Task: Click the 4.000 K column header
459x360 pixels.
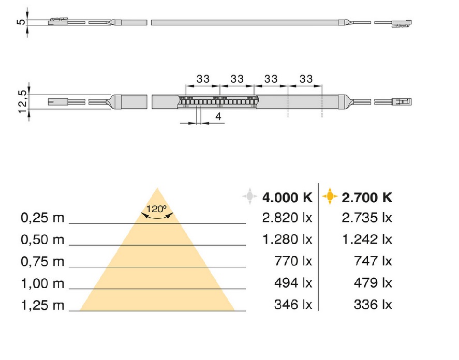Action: pos(287,198)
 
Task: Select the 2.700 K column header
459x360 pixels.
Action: pos(367,198)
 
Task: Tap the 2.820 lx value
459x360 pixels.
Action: pos(287,218)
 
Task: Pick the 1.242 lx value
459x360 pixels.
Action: pos(367,239)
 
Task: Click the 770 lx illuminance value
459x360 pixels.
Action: pos(293,261)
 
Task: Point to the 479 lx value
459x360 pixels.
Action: pos(373,283)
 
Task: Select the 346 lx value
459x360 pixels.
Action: pos(293,304)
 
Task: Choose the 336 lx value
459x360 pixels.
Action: pos(373,304)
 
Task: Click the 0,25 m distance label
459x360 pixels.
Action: pos(42,218)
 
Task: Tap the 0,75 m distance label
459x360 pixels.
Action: pos(42,261)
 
